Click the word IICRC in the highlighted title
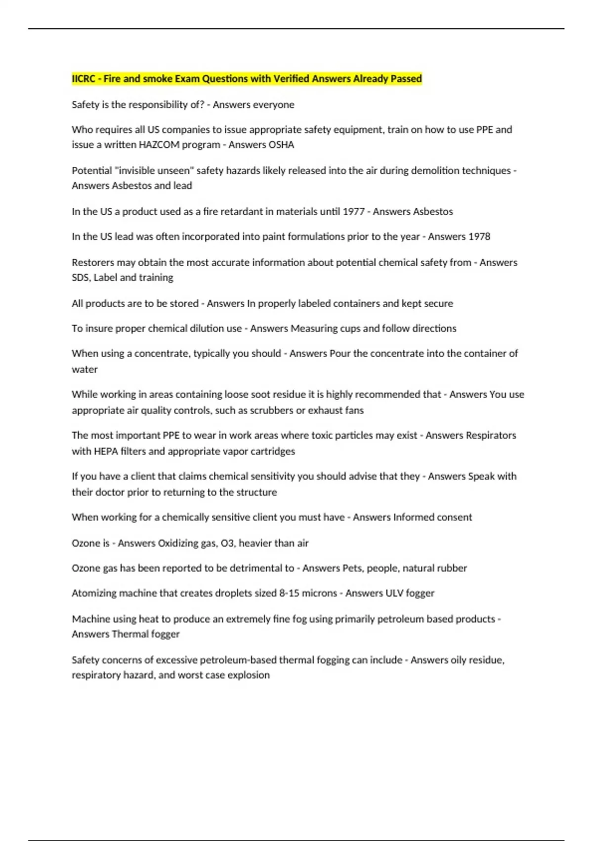(x=84, y=79)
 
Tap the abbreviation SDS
(x=81, y=278)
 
